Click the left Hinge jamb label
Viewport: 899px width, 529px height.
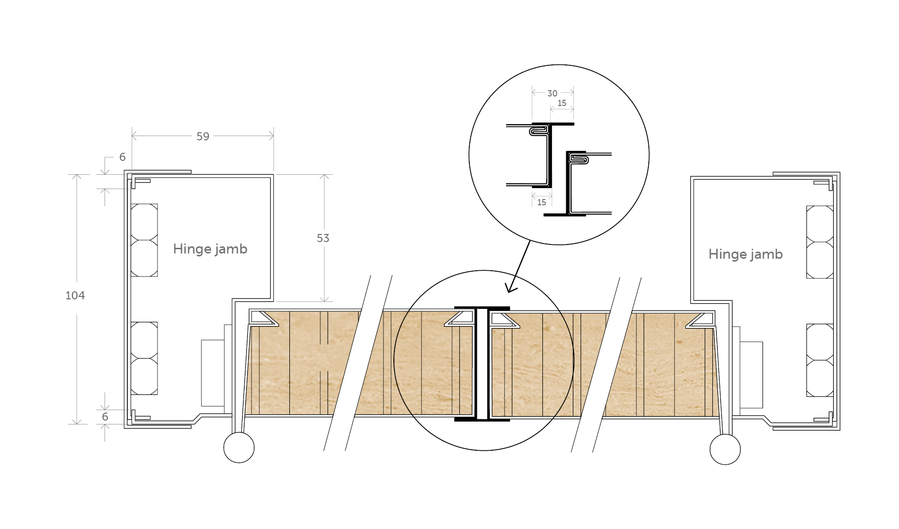point(210,249)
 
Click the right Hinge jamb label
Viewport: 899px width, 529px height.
point(745,254)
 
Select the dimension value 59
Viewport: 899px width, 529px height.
point(203,137)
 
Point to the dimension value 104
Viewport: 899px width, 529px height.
point(75,296)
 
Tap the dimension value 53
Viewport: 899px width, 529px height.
point(323,238)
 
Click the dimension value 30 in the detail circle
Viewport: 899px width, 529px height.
point(552,94)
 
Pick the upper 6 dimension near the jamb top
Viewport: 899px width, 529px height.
point(122,157)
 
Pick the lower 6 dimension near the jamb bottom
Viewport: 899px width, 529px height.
point(105,417)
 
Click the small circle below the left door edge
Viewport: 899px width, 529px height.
point(239,447)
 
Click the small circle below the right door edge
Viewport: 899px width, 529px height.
point(725,449)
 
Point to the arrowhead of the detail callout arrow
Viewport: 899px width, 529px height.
point(510,289)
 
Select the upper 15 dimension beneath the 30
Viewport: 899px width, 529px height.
point(562,103)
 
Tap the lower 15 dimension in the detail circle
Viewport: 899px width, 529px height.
point(541,202)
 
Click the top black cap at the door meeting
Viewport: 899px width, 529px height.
point(482,308)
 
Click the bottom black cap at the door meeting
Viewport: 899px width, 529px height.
point(482,420)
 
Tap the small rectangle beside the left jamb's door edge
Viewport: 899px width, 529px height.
point(212,373)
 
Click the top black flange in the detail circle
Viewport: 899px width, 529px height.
point(553,124)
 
